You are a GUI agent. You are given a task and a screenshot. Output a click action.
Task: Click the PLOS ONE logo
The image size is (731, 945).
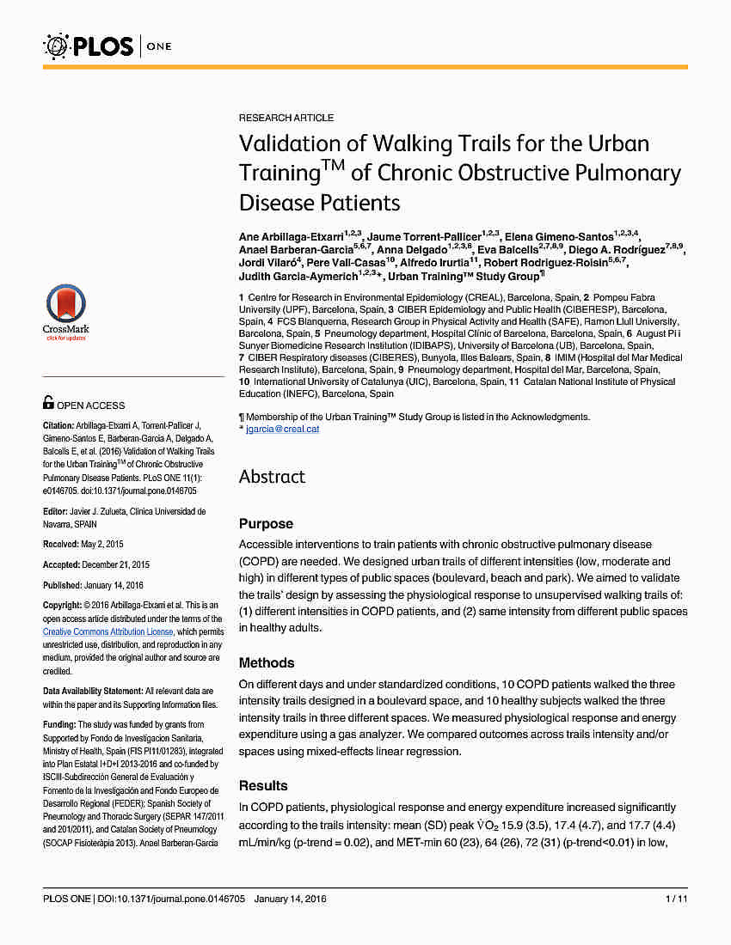(x=107, y=46)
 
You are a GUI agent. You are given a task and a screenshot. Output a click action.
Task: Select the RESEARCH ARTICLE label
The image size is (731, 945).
(x=286, y=118)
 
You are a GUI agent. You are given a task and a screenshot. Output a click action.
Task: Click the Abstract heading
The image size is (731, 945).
(x=272, y=477)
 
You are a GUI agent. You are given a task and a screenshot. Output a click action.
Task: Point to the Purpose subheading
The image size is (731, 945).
(x=266, y=523)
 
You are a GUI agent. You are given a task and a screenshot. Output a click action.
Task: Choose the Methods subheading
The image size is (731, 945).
(x=267, y=662)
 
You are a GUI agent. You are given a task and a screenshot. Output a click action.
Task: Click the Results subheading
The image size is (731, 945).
(x=263, y=785)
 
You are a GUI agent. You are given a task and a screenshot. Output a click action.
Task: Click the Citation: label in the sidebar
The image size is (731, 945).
(x=58, y=425)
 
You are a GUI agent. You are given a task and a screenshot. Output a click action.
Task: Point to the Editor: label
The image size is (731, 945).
(x=55, y=511)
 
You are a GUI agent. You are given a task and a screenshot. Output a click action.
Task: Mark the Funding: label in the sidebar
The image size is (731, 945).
(x=59, y=724)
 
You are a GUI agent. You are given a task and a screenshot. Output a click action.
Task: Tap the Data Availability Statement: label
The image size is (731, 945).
(x=93, y=691)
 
